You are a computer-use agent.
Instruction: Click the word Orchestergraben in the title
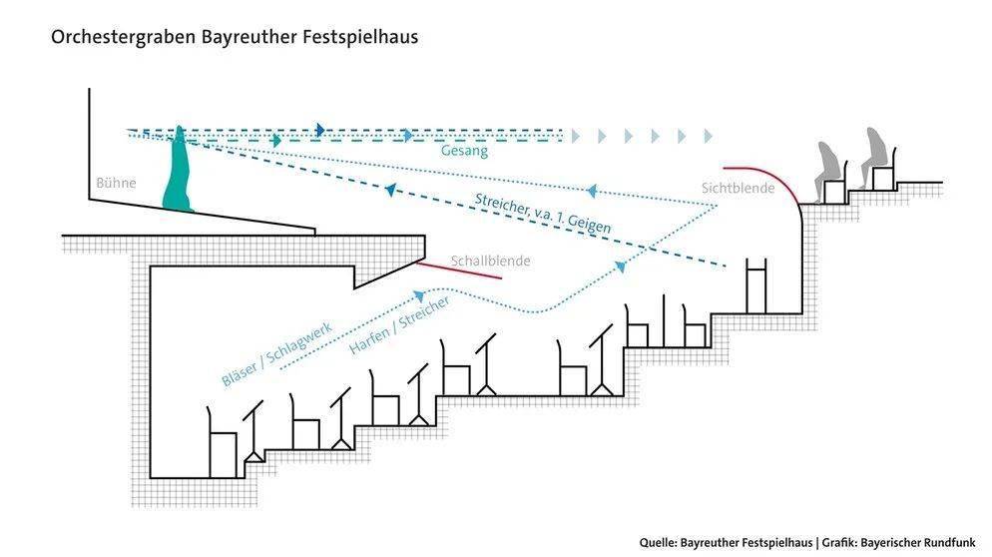[x=110, y=37]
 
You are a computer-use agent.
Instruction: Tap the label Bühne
[x=116, y=183]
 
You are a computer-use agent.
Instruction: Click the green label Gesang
[x=464, y=152]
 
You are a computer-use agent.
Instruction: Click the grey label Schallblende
[x=490, y=262]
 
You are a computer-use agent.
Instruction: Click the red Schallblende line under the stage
[x=457, y=272]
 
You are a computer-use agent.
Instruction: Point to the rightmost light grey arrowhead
[x=709, y=136]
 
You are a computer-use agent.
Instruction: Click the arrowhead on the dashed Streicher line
[x=390, y=190]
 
